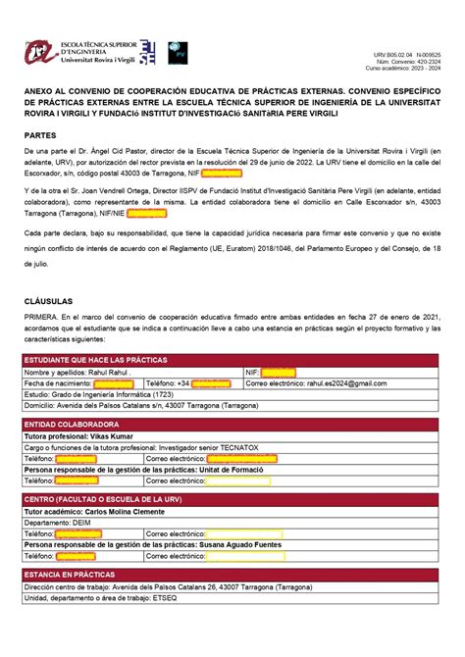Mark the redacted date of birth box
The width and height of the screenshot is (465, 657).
click(114, 383)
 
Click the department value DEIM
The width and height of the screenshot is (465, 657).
click(80, 523)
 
